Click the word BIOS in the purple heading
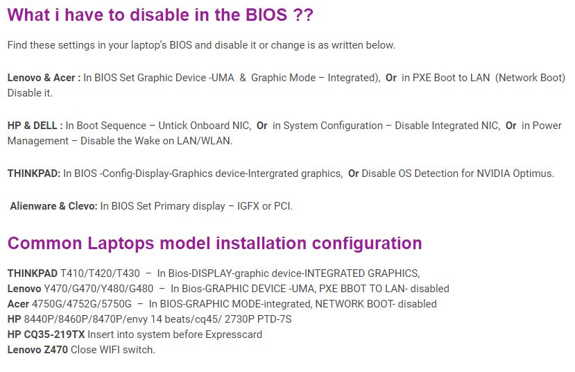pyautogui.click(x=266, y=15)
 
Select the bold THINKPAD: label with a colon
pyautogui.click(x=34, y=174)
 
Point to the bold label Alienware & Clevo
pyautogui.click(x=53, y=206)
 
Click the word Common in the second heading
pyautogui.click(x=44, y=243)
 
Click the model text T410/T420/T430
pyautogui.click(x=100, y=273)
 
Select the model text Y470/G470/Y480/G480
pyautogui.click(x=98, y=289)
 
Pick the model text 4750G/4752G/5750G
pyautogui.click(x=82, y=304)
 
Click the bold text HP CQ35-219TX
pyautogui.click(x=46, y=335)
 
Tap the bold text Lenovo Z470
pyautogui.click(x=37, y=350)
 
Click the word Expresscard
pyautogui.click(x=234, y=335)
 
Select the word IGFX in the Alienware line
pyautogui.click(x=248, y=206)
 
